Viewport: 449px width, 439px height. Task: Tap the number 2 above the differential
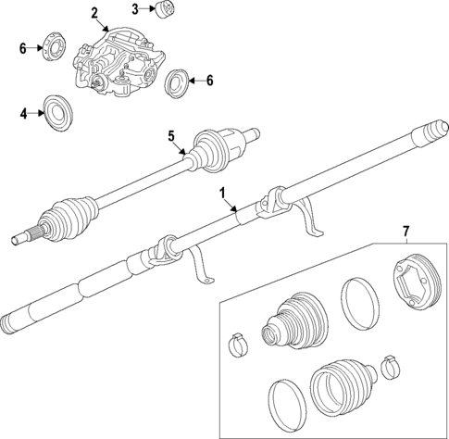point(94,12)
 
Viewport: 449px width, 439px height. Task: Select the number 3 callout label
point(134,9)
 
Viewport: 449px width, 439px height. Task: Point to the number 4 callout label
point(25,114)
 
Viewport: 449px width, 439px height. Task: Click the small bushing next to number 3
point(166,10)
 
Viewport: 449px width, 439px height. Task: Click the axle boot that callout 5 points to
point(214,147)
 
